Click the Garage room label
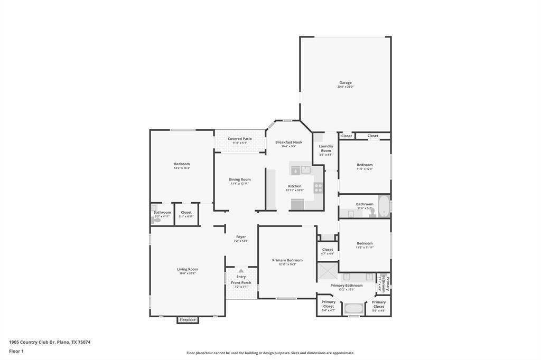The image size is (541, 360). pyautogui.click(x=346, y=83)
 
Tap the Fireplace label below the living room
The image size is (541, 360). pyautogui.click(x=188, y=320)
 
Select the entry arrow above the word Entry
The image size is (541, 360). pyautogui.click(x=241, y=271)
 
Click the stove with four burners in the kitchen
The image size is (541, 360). pyautogui.click(x=318, y=187)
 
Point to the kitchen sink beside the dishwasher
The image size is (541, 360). pyautogui.click(x=305, y=170)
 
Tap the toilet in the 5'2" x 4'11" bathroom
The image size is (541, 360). pyautogui.click(x=154, y=220)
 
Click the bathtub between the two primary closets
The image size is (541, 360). pyautogui.click(x=353, y=308)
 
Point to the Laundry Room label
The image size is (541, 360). pyautogui.click(x=326, y=148)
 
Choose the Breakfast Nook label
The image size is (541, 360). pyautogui.click(x=288, y=142)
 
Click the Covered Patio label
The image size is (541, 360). pyautogui.click(x=240, y=139)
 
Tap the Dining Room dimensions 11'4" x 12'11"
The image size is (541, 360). pyautogui.click(x=240, y=184)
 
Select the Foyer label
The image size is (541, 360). pyautogui.click(x=241, y=237)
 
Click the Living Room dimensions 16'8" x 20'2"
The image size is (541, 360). pyautogui.click(x=188, y=273)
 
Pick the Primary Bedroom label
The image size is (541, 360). pyautogui.click(x=287, y=260)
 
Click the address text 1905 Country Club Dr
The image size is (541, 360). pyautogui.click(x=33, y=342)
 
